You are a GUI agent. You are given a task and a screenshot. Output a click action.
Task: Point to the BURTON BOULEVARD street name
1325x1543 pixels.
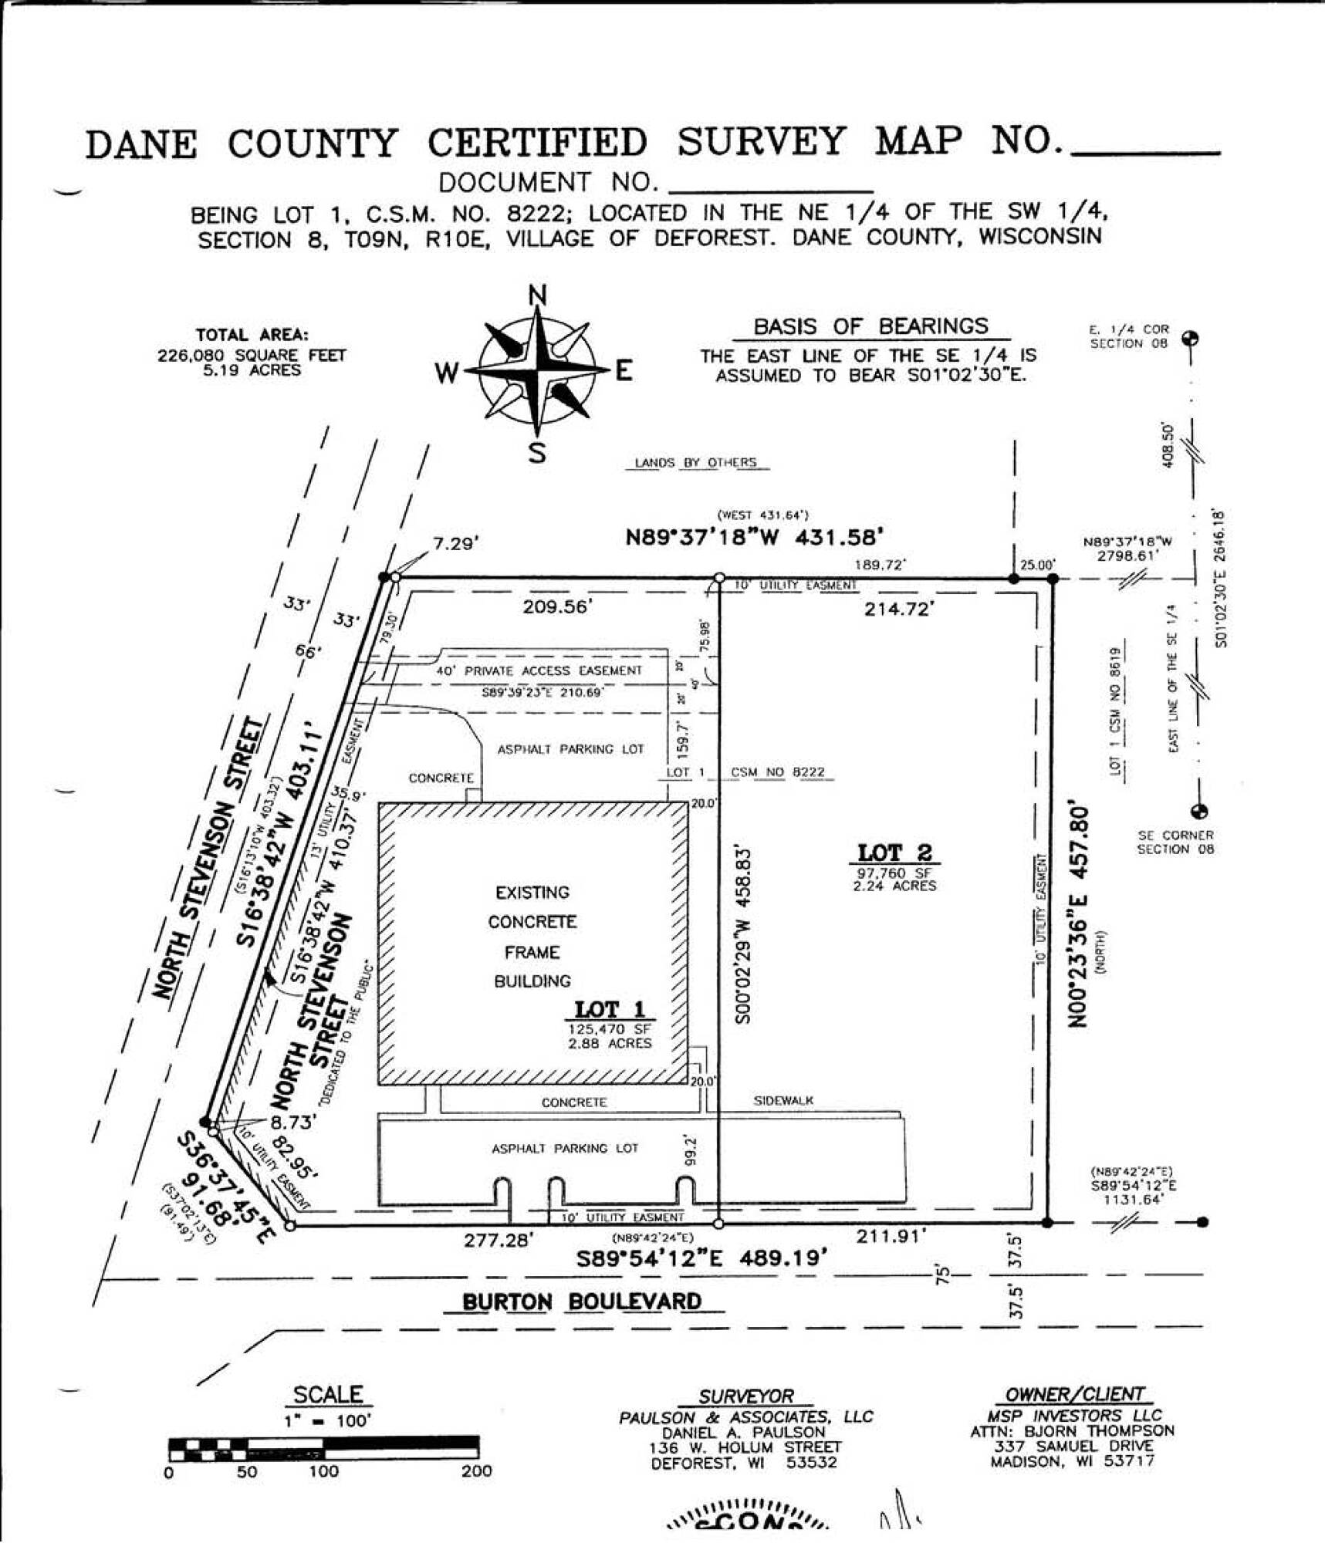point(582,1302)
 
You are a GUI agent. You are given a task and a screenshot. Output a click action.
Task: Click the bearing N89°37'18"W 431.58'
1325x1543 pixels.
point(754,537)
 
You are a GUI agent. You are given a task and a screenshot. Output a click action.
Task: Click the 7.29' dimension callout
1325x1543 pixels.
point(456,544)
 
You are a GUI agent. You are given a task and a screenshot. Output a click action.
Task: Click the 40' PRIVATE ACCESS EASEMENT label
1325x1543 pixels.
point(539,671)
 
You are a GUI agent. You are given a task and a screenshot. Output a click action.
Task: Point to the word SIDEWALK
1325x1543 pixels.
point(783,1101)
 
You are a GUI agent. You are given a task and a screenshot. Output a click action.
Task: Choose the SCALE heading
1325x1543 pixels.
point(328,1395)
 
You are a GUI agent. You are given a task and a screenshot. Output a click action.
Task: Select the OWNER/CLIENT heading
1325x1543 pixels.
point(1074,1394)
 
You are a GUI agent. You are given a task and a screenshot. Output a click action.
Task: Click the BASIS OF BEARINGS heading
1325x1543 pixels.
point(870,326)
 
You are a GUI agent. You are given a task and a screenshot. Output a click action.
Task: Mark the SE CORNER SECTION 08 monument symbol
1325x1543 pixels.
point(1199,811)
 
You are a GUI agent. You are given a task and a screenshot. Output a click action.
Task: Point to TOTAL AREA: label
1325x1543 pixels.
point(252,336)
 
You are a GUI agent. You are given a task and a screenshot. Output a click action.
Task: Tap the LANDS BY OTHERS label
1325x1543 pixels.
point(695,463)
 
